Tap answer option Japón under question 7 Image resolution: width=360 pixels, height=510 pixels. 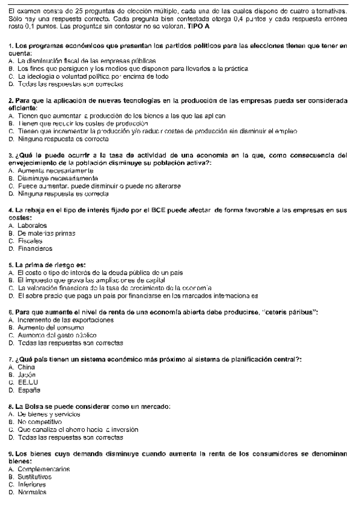(x=27, y=373)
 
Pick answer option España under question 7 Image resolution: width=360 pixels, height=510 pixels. (x=28, y=388)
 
